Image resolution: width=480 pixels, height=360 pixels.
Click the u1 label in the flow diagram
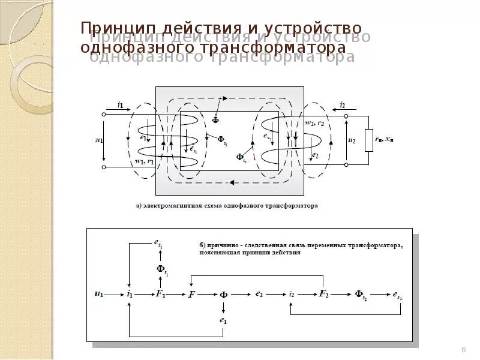tap(99, 294)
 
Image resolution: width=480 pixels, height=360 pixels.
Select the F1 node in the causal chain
tap(161, 294)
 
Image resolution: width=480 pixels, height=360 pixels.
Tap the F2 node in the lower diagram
tap(323, 294)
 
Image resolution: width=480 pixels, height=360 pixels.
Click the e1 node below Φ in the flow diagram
tap(223, 321)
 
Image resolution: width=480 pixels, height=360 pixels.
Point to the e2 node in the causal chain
tap(259, 294)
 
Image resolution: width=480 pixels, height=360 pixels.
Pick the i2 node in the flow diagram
tap(292, 294)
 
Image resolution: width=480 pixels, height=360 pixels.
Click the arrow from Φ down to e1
tap(223, 307)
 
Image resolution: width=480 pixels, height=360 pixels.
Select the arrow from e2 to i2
tap(275, 294)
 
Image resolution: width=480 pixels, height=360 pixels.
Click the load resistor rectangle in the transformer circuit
tap(369, 139)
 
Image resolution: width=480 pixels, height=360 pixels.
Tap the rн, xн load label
tap(385, 139)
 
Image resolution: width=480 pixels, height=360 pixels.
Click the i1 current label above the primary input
tap(120, 105)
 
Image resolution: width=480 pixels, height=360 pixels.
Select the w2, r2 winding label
tap(314, 124)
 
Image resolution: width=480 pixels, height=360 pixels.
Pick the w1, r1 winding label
tap(144, 161)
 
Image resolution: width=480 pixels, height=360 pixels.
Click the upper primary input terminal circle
tap(104, 114)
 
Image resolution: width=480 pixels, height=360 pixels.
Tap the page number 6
tap(463, 350)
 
